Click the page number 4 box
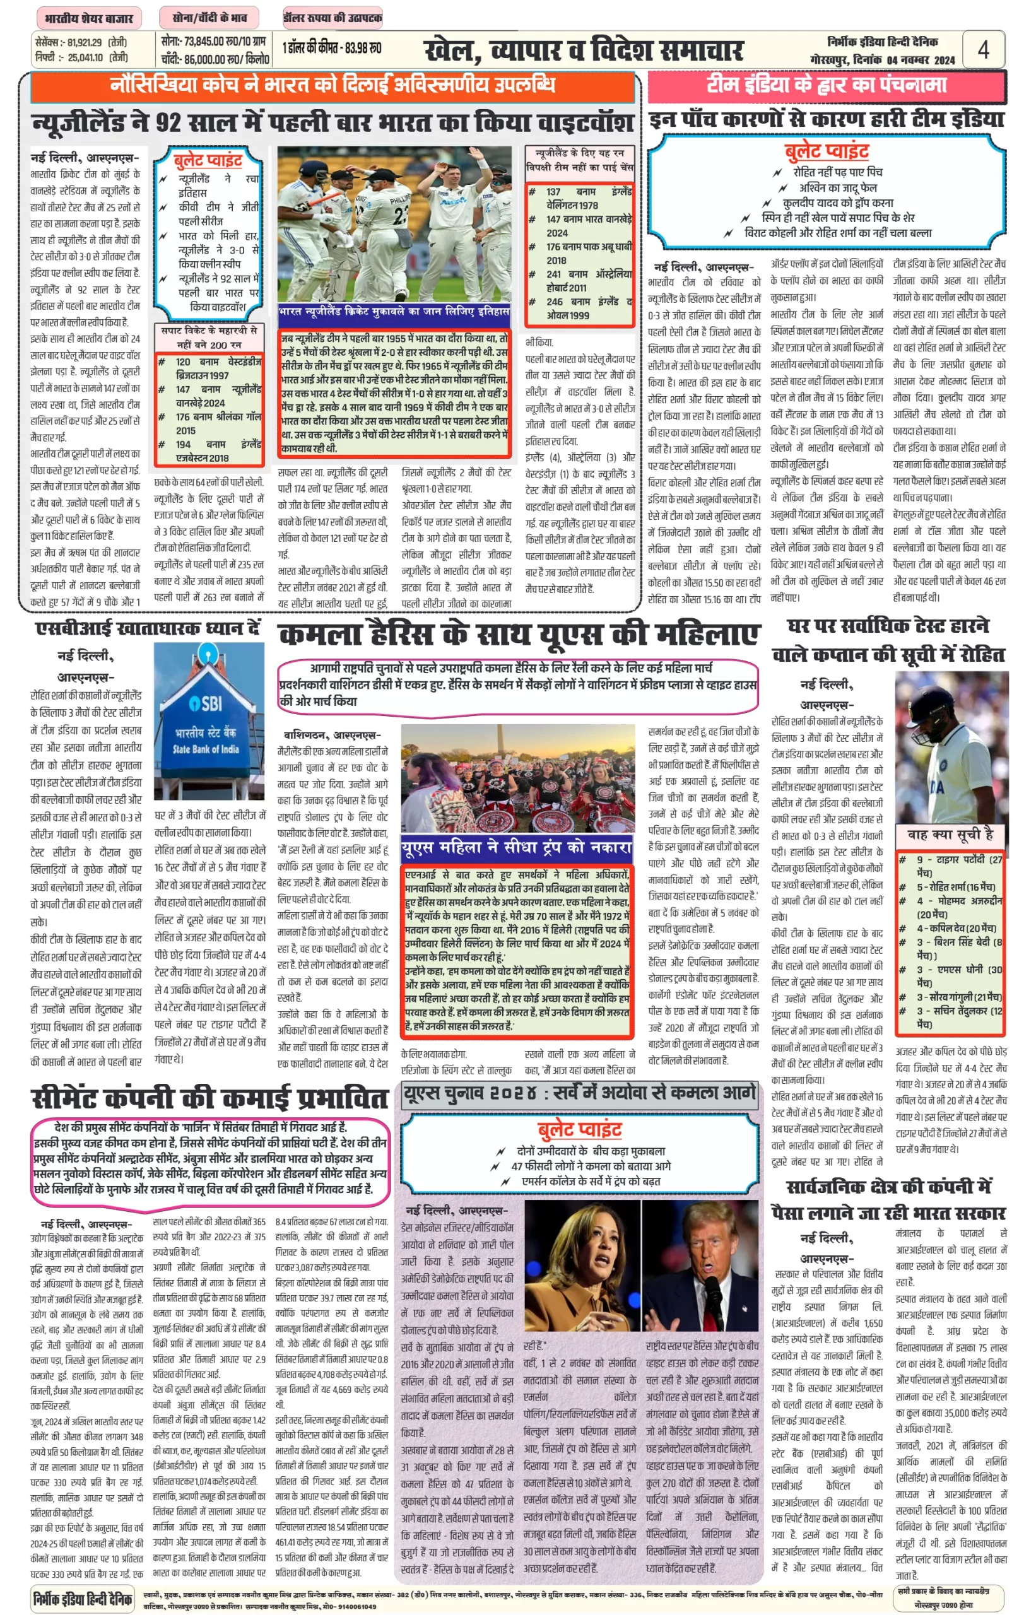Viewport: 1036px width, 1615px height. [983, 50]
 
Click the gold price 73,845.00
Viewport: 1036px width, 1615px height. [204, 42]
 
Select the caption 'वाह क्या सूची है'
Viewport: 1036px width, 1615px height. [950, 835]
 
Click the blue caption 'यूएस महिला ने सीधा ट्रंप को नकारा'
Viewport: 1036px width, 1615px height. [517, 847]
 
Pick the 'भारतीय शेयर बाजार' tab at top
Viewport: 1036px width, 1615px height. [89, 18]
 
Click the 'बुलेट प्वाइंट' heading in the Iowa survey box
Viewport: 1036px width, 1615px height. [579, 1129]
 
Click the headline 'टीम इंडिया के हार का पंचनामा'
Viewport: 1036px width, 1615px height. [826, 85]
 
